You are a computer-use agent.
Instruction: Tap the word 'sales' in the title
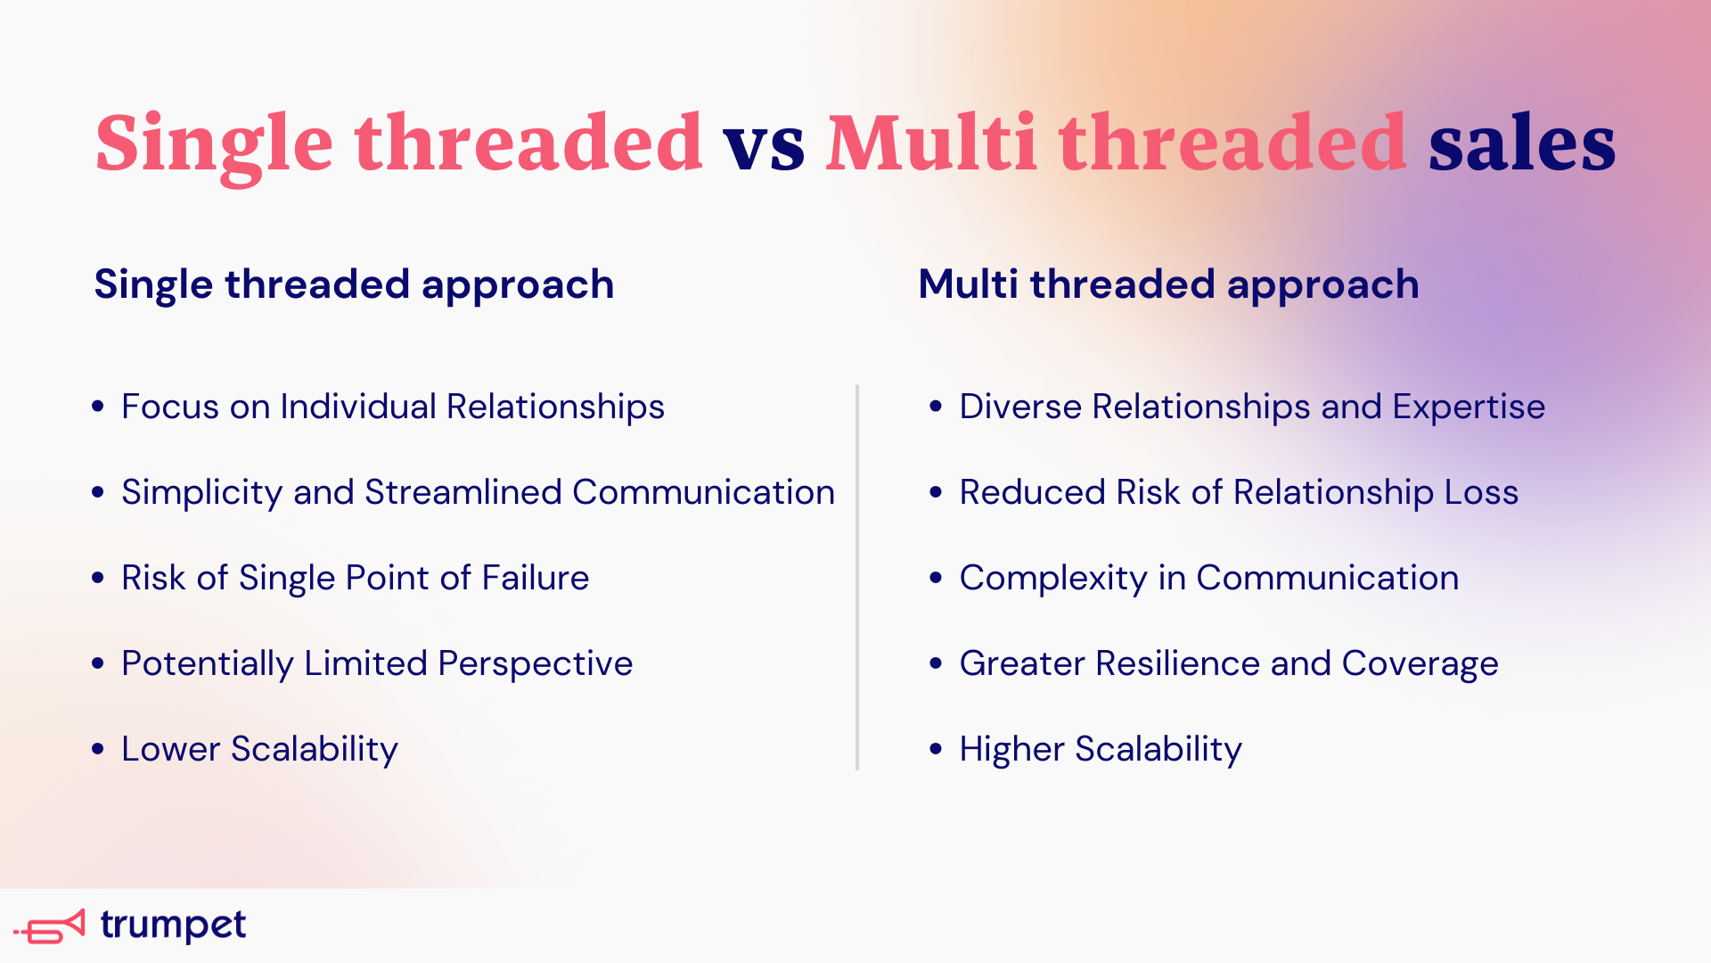1521,144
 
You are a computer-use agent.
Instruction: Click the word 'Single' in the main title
214,144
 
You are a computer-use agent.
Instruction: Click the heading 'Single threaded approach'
354,285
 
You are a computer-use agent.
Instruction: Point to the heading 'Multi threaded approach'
1168,285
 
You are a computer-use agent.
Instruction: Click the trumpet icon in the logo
51,927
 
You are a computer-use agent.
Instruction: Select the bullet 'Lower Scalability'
259,750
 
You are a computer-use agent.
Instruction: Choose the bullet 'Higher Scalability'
1100,750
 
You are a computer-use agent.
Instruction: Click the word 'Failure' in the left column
536,578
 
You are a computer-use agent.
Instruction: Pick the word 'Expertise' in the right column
1469,407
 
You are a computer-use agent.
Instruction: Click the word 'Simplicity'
201,493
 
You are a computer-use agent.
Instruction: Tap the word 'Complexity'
1052,579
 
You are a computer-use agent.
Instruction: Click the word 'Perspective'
535,664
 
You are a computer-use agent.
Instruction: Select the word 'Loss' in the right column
1481,492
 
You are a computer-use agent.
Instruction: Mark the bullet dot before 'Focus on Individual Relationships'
98,407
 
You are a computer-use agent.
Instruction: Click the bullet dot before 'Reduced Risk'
936,492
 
